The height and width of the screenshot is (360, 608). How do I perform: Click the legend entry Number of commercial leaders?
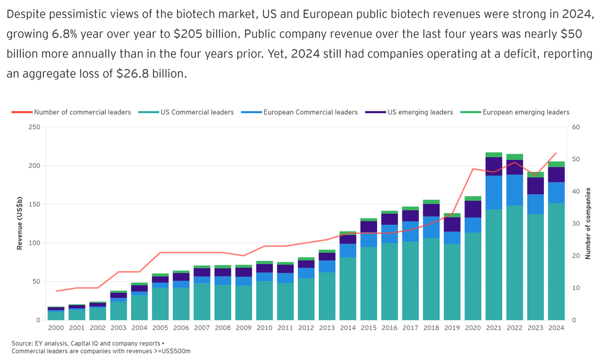coord(82,112)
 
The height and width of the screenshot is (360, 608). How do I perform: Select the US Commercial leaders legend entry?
coord(197,112)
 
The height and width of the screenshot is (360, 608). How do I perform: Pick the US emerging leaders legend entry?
coord(420,112)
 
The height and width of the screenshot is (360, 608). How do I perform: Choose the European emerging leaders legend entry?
coord(525,112)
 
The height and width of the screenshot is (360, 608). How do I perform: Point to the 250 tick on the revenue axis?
coord(33,127)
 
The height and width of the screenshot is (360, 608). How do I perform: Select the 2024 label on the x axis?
coord(556,327)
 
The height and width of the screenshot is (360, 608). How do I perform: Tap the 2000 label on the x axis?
coord(56,327)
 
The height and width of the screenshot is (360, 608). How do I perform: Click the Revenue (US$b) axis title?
coord(20,224)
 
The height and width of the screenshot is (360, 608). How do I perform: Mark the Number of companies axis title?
coord(588,224)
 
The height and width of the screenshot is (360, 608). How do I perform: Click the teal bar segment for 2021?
coord(494,265)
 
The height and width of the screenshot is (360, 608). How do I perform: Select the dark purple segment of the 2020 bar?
coord(473,209)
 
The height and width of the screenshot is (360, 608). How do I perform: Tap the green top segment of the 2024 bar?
coord(556,165)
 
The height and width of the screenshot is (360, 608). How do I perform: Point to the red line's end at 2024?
coord(556,153)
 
